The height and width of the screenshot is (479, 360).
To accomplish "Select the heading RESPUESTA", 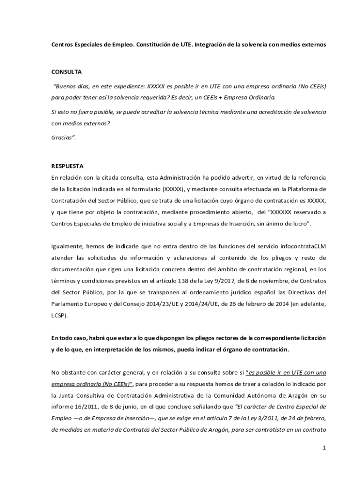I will (67, 166).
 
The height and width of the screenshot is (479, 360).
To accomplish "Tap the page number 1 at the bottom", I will (324, 448).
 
